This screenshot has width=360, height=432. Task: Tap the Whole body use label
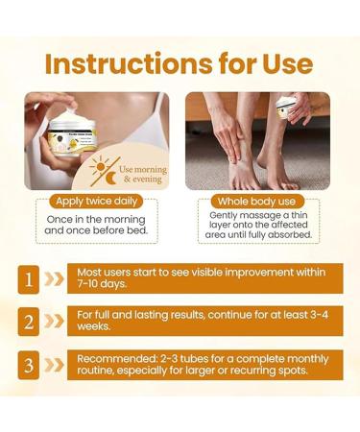point(258,204)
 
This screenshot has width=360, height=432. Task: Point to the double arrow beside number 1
point(55,278)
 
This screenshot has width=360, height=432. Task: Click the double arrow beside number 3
point(55,364)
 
